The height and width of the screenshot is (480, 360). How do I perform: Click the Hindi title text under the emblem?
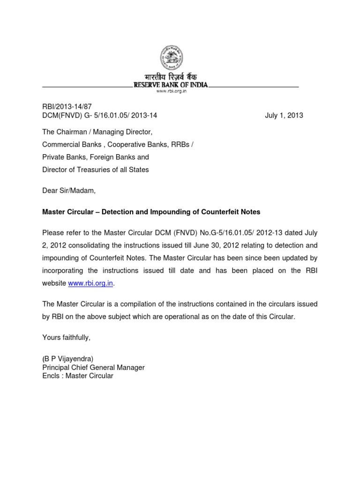coord(171,77)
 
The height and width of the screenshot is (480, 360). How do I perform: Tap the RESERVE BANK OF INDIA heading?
coord(171,86)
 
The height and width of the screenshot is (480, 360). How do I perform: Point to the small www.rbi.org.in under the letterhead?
coord(171,92)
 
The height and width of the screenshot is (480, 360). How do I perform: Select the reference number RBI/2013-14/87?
coord(64,107)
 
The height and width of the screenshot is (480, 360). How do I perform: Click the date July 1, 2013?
coord(284,115)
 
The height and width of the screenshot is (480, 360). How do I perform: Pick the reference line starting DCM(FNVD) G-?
coord(99,115)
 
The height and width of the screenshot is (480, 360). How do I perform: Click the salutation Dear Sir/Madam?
coord(68,191)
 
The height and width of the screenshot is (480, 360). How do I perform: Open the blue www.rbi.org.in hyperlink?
coord(90,283)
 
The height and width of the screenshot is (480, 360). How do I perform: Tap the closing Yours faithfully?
coord(66,337)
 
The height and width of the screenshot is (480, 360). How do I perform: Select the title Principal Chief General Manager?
coord(93,367)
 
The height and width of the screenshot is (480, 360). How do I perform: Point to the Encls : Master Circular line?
coord(78,376)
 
